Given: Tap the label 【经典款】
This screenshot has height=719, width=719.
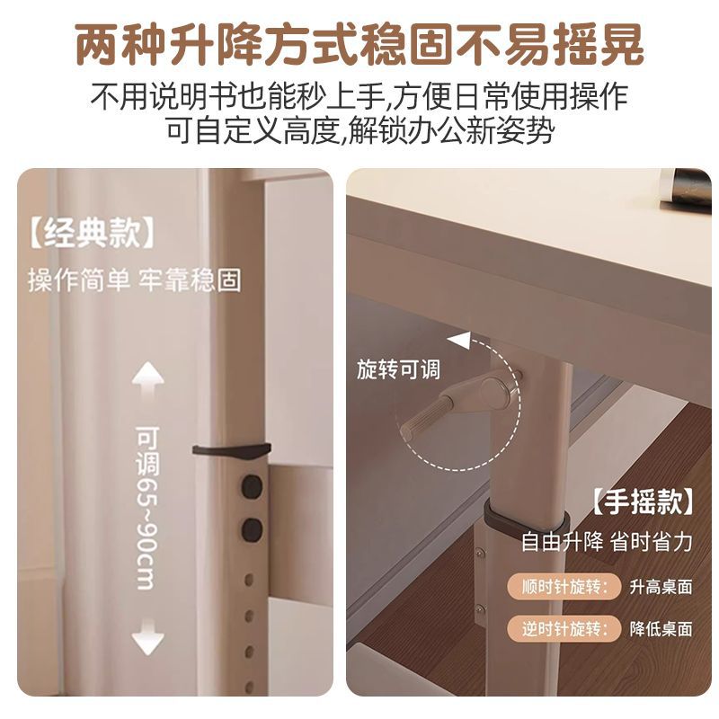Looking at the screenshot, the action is (92, 233).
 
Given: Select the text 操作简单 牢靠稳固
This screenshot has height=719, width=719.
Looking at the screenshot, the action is (135, 280).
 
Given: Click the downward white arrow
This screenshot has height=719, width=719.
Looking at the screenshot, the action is (147, 636).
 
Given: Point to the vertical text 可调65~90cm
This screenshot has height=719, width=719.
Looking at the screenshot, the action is (147, 508).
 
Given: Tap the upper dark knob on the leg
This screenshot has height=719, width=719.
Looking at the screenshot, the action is (252, 486).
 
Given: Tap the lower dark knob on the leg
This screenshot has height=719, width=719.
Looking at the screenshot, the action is (252, 529).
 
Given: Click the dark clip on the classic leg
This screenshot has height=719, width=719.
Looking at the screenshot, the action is (232, 450).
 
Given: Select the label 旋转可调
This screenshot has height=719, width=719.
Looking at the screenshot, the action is (398, 369).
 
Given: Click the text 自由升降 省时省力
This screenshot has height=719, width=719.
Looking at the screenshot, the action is (607, 542).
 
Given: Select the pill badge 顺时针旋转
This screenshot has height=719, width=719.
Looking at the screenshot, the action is (564, 587).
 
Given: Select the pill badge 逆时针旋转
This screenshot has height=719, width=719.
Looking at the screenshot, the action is (564, 627).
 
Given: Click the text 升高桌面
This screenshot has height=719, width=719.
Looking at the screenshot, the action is (661, 587).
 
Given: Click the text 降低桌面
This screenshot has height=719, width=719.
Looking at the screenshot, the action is (661, 628).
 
